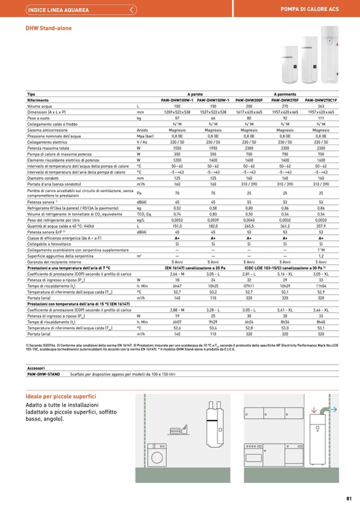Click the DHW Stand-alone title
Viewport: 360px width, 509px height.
[49, 28]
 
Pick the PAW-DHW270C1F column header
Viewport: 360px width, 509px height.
[321, 100]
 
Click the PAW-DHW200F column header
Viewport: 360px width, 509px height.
[249, 100]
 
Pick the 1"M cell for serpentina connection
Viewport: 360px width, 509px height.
[321, 250]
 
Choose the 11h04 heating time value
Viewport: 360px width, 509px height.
[321, 286]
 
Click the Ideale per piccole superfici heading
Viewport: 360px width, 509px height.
[61, 396]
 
